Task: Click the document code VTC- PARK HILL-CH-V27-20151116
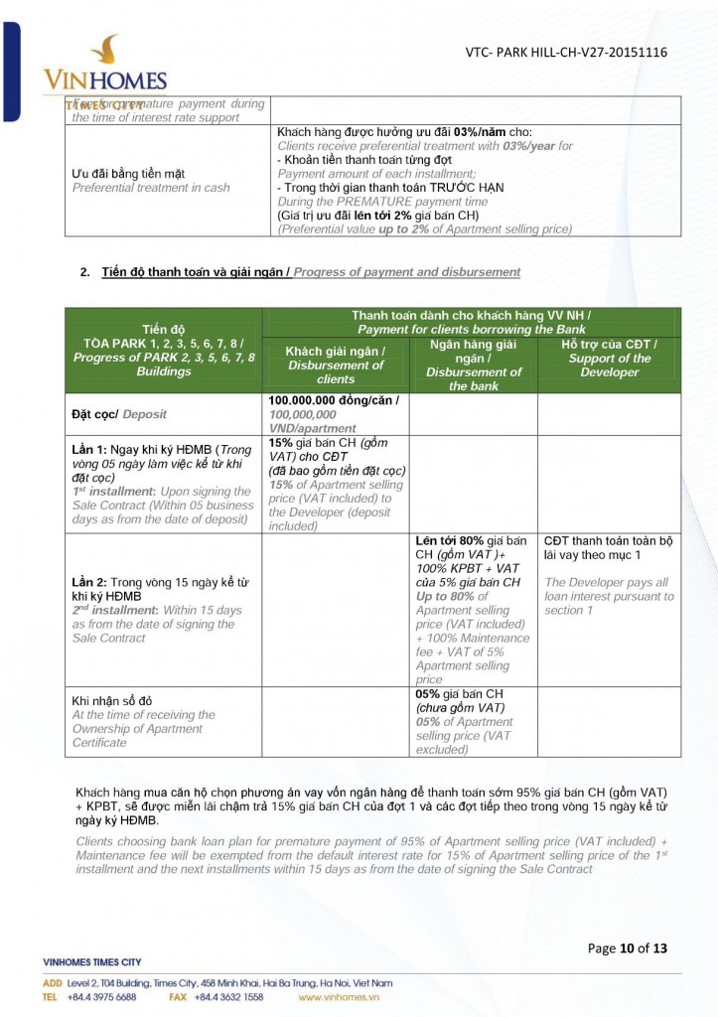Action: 565,53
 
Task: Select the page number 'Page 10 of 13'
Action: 627,947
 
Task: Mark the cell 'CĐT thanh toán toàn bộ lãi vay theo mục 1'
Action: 608,548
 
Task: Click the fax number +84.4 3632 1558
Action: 227,996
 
